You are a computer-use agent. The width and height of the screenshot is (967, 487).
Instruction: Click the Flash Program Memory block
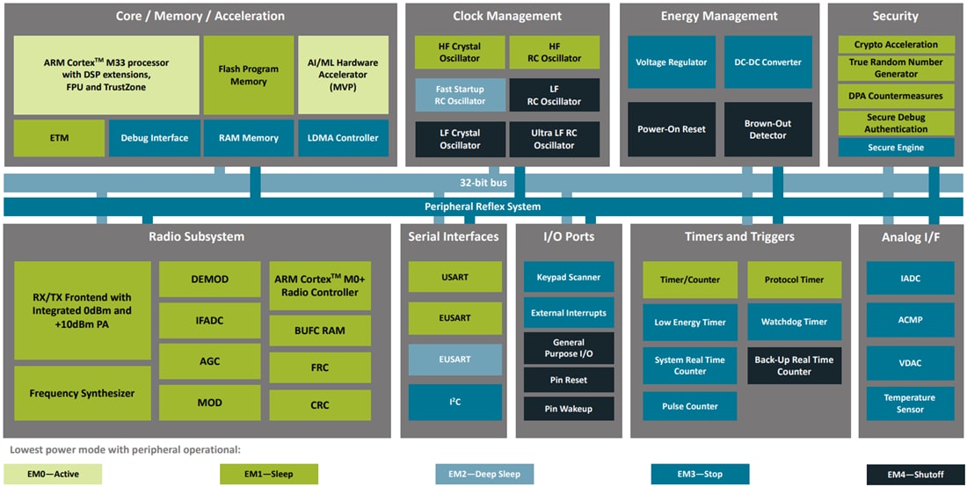pos(248,75)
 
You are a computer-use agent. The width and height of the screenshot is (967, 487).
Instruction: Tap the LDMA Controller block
pos(343,138)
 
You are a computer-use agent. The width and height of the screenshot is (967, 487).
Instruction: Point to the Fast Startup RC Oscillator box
pos(461,95)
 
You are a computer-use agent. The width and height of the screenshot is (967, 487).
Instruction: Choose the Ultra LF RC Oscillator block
pos(554,139)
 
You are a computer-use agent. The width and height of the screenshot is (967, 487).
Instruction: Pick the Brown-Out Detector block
pos(767,129)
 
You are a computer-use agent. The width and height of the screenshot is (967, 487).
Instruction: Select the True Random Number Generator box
pos(895,68)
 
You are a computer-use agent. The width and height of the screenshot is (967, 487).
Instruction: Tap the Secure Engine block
pos(895,148)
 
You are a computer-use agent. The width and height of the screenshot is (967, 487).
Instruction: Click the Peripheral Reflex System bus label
pos(483,207)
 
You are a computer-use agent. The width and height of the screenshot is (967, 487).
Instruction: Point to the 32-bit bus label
pos(483,184)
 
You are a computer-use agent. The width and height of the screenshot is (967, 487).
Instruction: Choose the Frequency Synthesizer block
pos(82,394)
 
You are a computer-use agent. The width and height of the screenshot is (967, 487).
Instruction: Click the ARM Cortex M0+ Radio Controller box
pos(320,286)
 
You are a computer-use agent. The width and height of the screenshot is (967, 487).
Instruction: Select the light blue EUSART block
pos(454,360)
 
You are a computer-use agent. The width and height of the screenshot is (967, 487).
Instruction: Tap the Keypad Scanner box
pos(568,278)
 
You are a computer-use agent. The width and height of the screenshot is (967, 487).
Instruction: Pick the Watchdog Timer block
pos(794,322)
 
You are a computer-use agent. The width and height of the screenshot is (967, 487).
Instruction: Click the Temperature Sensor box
pos(910,403)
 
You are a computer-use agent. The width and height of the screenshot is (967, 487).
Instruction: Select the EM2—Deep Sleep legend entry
pos(484,475)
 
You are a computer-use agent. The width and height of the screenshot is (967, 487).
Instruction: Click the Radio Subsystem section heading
pos(197,236)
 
